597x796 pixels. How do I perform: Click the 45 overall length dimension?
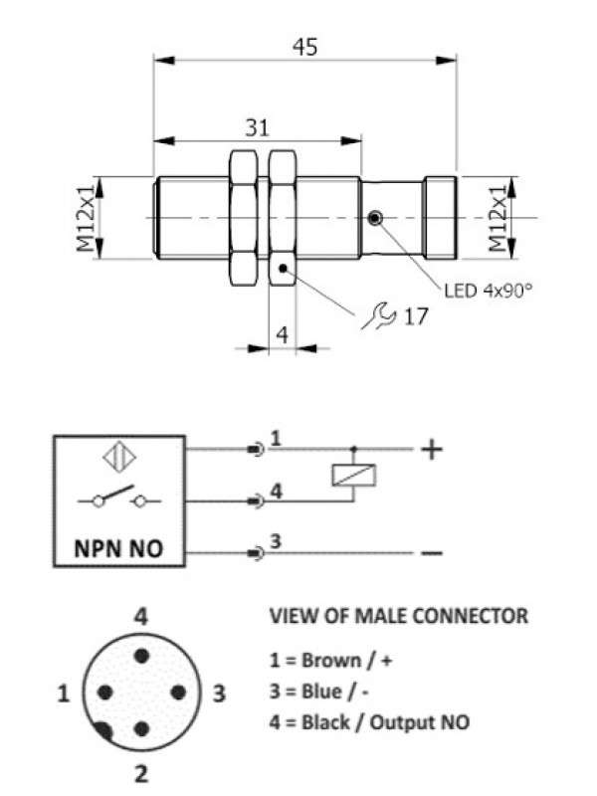coord(304,48)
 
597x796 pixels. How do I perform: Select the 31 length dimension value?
coord(257,128)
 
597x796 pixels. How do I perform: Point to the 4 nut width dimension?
coord(282,334)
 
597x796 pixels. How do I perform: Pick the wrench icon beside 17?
coord(376,316)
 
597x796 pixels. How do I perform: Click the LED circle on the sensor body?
coord(375,218)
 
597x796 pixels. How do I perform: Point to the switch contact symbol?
coord(116,499)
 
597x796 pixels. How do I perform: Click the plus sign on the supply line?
coord(431,450)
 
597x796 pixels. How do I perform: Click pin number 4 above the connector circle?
coord(141,617)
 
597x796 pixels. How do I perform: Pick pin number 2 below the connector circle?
coord(141,770)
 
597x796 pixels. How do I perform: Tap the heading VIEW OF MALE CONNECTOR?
coord(399,617)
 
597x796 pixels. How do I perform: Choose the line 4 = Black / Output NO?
coord(370,722)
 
